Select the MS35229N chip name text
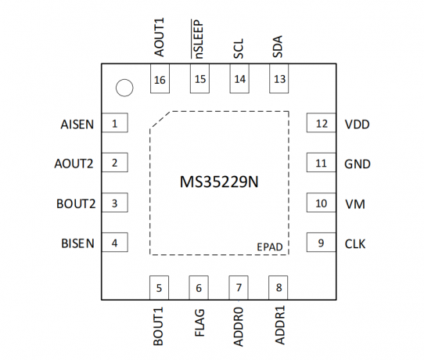pyautogui.click(x=219, y=182)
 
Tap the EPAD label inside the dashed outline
pyautogui.click(x=270, y=247)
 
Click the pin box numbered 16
pyautogui.click(x=160, y=79)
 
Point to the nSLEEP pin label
pyautogui.click(x=197, y=39)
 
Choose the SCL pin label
pyautogui.click(x=239, y=49)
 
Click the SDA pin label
pyautogui.click(x=278, y=46)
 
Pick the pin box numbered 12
pyautogui.click(x=322, y=123)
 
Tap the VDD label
pyautogui.click(x=358, y=124)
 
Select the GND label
pyautogui.click(x=358, y=164)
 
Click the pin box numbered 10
pyautogui.click(x=322, y=203)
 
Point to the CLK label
pyautogui.click(x=355, y=244)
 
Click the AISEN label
pyautogui.click(x=77, y=124)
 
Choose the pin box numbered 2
pyautogui.click(x=115, y=162)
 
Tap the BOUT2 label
pyautogui.click(x=76, y=204)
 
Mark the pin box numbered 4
pyautogui.click(x=115, y=242)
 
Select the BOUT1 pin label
pyautogui.click(x=158, y=326)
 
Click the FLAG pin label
pyautogui.click(x=199, y=322)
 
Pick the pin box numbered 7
pyautogui.click(x=239, y=288)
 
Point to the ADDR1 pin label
pyautogui.click(x=280, y=325)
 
